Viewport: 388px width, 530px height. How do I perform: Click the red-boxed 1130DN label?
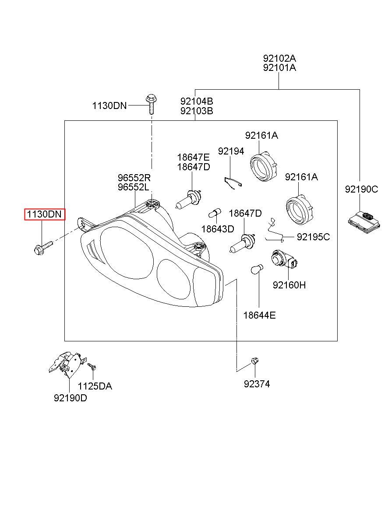click(44, 214)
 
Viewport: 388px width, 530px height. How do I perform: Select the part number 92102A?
click(279, 58)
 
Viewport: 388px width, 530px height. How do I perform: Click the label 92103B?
click(197, 111)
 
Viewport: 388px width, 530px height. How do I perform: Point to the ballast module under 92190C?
click(363, 223)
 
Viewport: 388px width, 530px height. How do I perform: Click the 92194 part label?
click(231, 151)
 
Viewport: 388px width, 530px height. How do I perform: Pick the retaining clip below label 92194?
click(233, 183)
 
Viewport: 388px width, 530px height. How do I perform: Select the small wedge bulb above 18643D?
click(215, 213)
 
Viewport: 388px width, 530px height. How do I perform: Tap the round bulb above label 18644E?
click(257, 270)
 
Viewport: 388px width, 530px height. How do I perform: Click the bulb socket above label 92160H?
click(284, 259)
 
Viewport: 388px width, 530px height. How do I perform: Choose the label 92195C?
click(313, 237)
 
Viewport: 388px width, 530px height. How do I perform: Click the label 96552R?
click(134, 177)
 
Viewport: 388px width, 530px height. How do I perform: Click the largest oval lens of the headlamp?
click(127, 253)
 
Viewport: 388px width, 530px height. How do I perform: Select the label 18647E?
click(194, 157)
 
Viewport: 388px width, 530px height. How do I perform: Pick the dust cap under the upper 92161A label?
click(264, 166)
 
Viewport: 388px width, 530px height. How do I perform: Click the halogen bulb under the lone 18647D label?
click(242, 243)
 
